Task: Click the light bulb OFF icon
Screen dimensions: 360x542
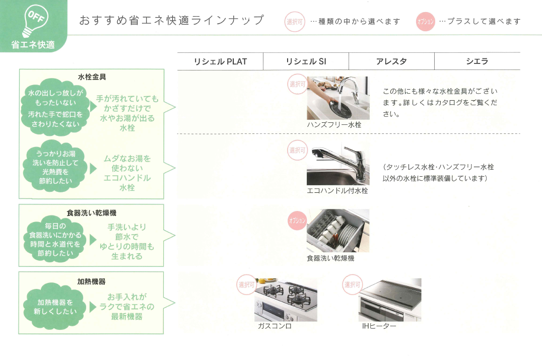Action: (x=34, y=19)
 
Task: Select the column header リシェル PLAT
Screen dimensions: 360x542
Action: (x=220, y=61)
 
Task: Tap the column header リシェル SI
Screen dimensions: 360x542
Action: (x=306, y=61)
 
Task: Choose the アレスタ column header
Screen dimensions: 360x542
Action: (x=391, y=61)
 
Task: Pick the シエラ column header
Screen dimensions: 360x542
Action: (x=477, y=61)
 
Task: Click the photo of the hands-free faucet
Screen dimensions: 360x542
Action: (x=337, y=98)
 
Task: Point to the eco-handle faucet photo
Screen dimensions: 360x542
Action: (x=337, y=164)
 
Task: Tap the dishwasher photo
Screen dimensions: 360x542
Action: (x=337, y=231)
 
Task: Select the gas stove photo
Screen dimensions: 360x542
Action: (x=286, y=300)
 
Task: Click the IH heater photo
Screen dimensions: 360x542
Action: (x=390, y=300)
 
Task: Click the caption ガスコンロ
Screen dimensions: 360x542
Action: (x=275, y=326)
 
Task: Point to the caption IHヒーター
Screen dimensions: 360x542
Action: (x=379, y=326)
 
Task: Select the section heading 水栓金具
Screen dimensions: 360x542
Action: (x=92, y=77)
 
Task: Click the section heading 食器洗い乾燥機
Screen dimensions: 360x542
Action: (x=92, y=213)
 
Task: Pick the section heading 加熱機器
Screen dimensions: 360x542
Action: (x=92, y=281)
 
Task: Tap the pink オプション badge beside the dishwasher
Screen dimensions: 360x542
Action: (x=297, y=221)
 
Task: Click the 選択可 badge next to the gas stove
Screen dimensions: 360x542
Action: (x=247, y=285)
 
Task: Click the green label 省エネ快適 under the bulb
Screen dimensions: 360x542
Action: (x=33, y=45)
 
